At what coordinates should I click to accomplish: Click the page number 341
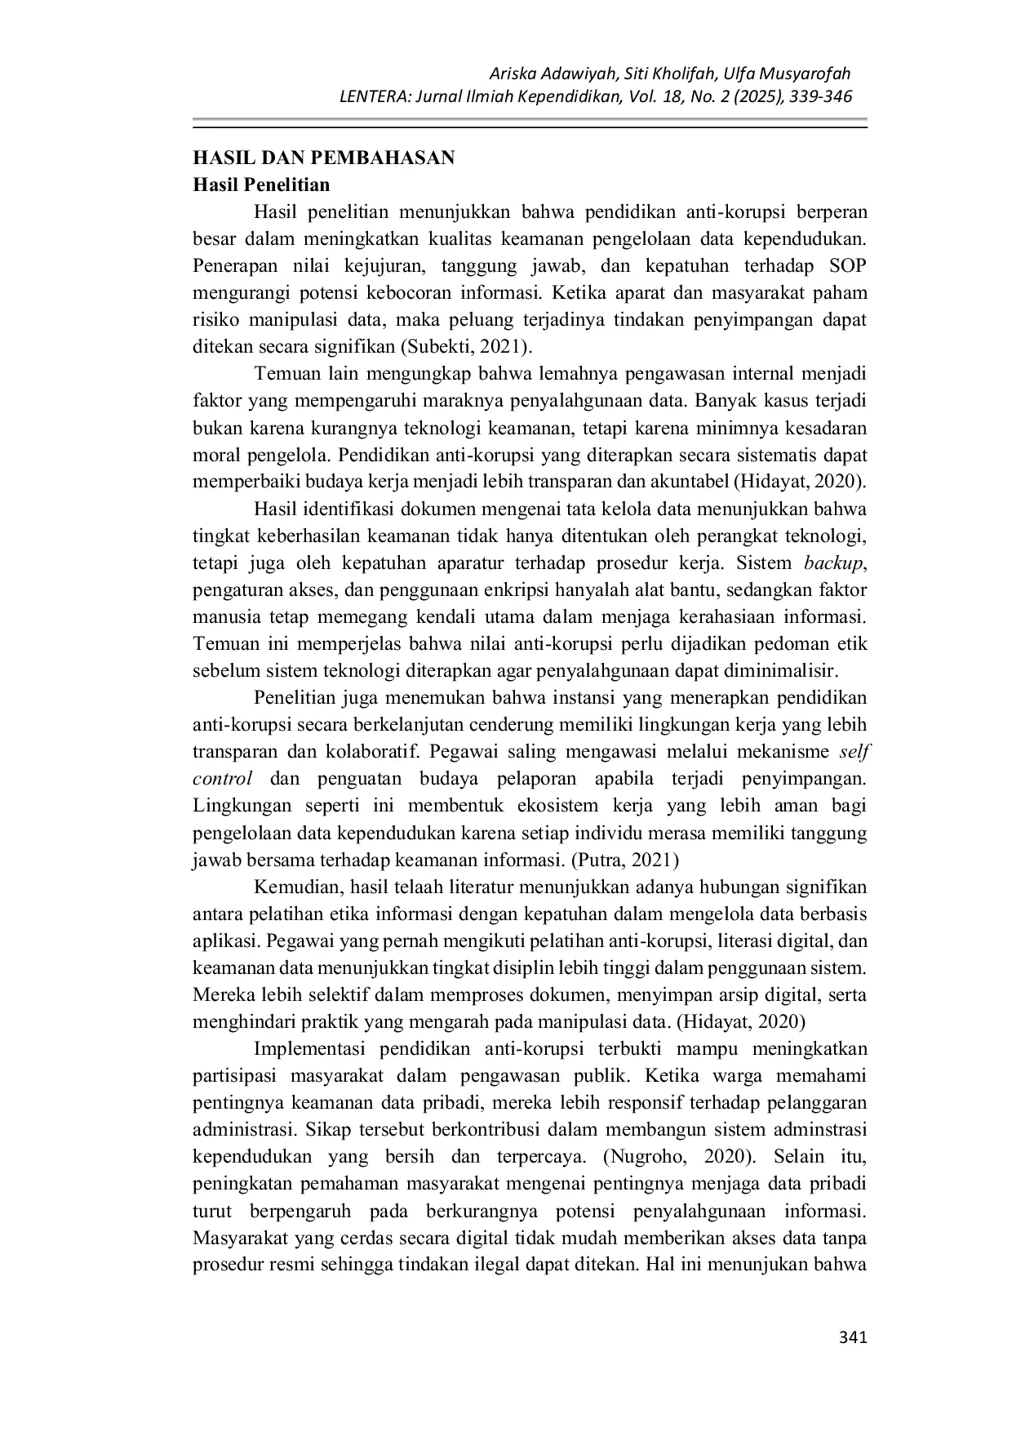(x=853, y=1337)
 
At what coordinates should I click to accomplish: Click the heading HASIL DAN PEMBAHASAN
(x=323, y=158)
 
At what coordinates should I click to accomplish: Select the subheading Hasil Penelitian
(x=261, y=185)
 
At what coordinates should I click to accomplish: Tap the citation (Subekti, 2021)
(x=466, y=346)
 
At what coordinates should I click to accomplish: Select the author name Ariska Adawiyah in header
(x=552, y=74)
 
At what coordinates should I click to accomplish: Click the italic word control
(x=222, y=779)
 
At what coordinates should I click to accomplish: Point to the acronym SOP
(x=848, y=266)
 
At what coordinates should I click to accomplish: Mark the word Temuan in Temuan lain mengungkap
(x=283, y=374)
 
